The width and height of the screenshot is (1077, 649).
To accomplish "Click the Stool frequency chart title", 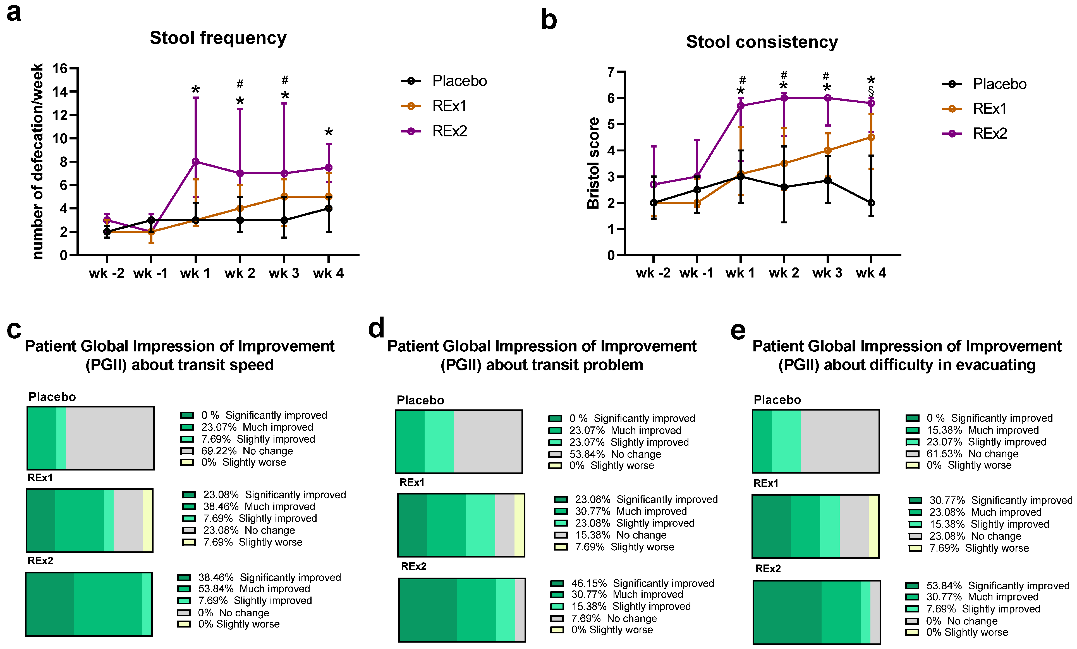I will (218, 38).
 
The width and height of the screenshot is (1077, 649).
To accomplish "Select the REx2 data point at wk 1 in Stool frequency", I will (195, 161).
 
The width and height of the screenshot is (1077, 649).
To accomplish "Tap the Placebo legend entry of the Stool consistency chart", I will (999, 84).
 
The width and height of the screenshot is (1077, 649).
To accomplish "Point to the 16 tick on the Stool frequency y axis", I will (60, 69).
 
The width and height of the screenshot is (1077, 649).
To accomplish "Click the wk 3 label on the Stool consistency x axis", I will (827, 273).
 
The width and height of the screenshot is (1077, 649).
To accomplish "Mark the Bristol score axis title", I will (593, 163).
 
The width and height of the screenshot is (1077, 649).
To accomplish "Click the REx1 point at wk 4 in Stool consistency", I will (871, 137).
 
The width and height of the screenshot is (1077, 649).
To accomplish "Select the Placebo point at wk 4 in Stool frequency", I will (328, 208).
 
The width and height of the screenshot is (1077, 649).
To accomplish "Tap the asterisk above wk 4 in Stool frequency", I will (329, 132).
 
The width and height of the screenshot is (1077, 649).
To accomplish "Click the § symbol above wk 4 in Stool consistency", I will (871, 91).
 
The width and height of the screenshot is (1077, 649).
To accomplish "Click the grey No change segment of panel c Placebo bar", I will (109, 438).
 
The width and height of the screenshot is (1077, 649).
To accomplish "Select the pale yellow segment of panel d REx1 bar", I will (519, 525).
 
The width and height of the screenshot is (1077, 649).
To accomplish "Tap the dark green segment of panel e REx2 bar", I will (787, 612).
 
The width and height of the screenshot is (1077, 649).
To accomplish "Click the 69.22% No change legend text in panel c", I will (247, 451).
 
